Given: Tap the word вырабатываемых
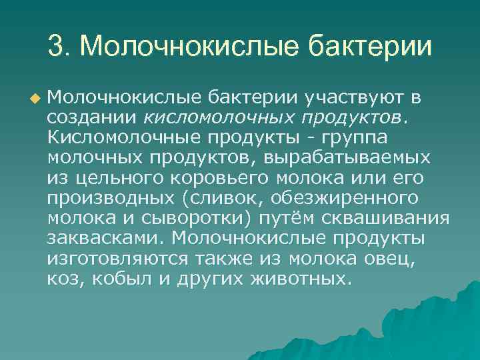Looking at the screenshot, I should point(347,159).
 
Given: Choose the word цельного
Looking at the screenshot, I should point(109,179).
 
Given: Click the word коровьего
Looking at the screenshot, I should point(226,179).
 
